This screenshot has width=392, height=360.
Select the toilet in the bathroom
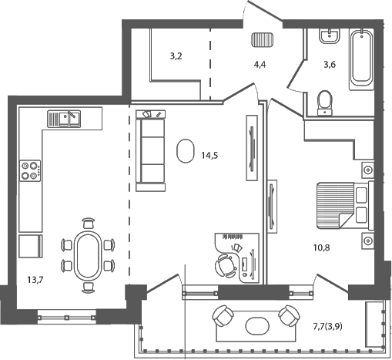click(x=325, y=102)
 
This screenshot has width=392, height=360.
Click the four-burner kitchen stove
click(x=31, y=170)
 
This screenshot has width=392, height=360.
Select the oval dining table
click(x=85, y=254)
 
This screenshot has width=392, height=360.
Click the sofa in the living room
click(x=151, y=150)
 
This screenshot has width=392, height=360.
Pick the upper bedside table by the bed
click(x=367, y=169)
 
